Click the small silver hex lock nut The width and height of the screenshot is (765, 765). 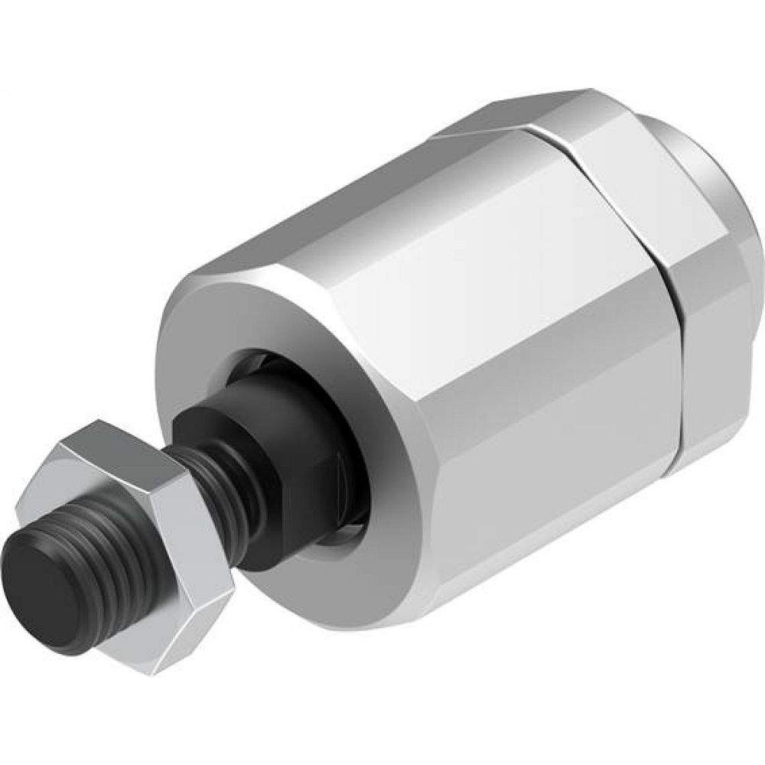pos(138,535)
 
